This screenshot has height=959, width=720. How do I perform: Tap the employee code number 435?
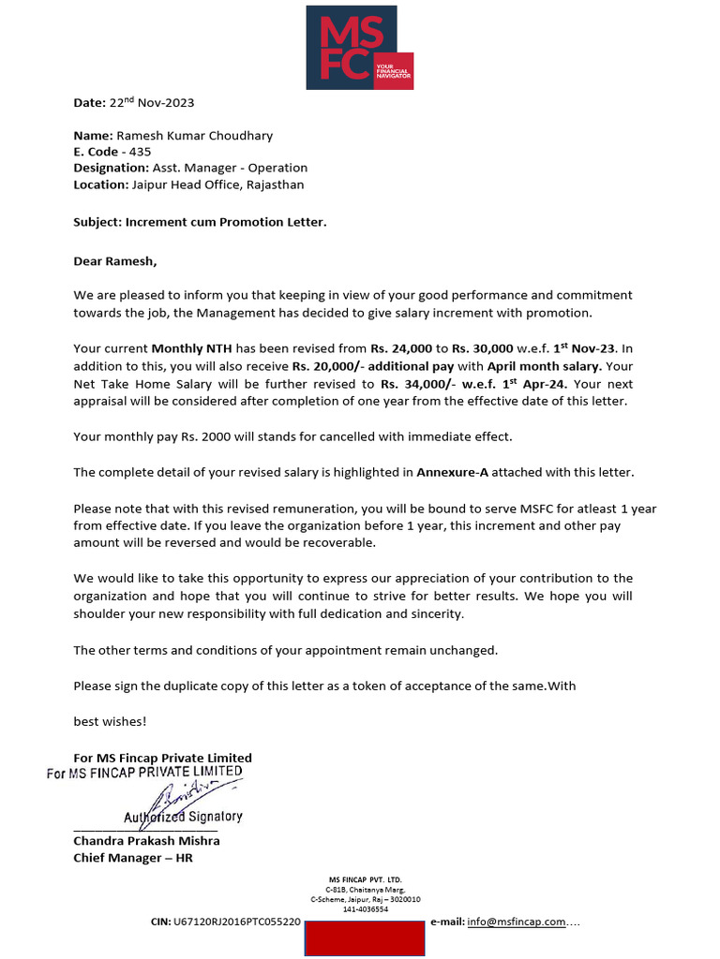[x=141, y=152]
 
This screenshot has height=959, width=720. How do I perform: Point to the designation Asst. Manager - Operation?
[x=230, y=168]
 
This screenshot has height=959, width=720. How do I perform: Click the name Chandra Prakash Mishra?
[x=146, y=840]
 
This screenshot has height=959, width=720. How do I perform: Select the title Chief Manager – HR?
[x=133, y=857]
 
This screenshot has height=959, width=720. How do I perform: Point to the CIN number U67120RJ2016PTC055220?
[x=237, y=922]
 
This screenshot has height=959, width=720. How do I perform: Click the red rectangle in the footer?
[x=365, y=937]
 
